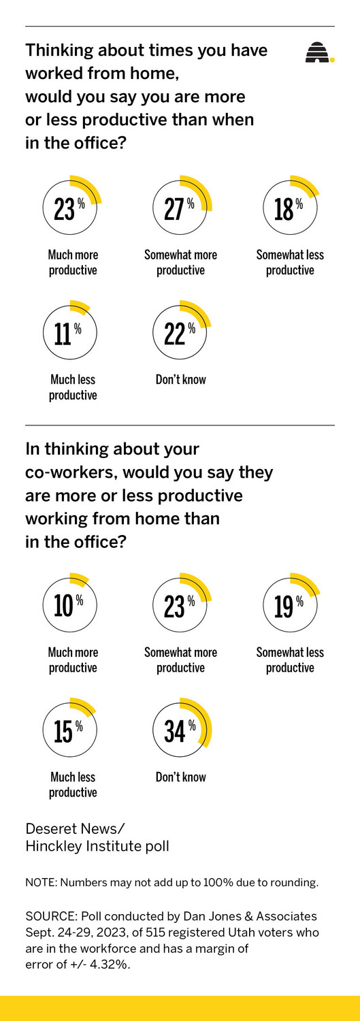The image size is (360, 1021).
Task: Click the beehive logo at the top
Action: pos(318,52)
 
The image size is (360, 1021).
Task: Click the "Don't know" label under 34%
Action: pos(180,777)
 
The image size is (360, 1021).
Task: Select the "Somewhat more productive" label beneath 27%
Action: pos(180,262)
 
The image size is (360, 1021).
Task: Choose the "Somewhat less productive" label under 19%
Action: pos(290,660)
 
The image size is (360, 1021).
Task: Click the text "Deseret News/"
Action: pos(75,828)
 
